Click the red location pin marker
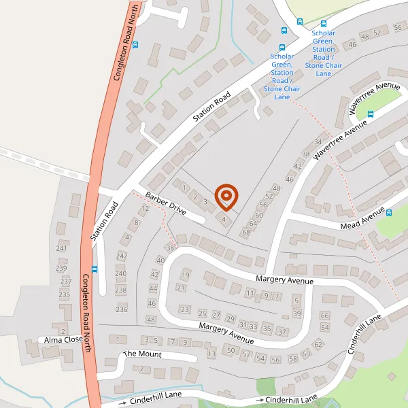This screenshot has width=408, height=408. (226, 197)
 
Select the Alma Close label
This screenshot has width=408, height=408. (63, 339)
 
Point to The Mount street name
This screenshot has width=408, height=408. (141, 354)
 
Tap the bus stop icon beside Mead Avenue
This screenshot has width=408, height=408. (389, 212)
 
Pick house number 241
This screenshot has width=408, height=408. (62, 249)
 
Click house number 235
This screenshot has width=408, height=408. (65, 294)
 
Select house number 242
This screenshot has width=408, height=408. (122, 256)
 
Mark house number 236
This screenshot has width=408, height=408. (122, 309)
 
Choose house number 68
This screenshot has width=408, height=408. (245, 233)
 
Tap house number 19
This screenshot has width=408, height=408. (185, 275)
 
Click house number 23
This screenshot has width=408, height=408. (184, 309)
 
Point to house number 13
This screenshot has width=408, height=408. (211, 354)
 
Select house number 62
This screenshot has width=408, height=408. (318, 345)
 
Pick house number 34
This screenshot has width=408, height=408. (318, 142)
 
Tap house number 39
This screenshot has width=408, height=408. (296, 313)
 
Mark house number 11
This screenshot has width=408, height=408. (250, 294)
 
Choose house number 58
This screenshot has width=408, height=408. (292, 358)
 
